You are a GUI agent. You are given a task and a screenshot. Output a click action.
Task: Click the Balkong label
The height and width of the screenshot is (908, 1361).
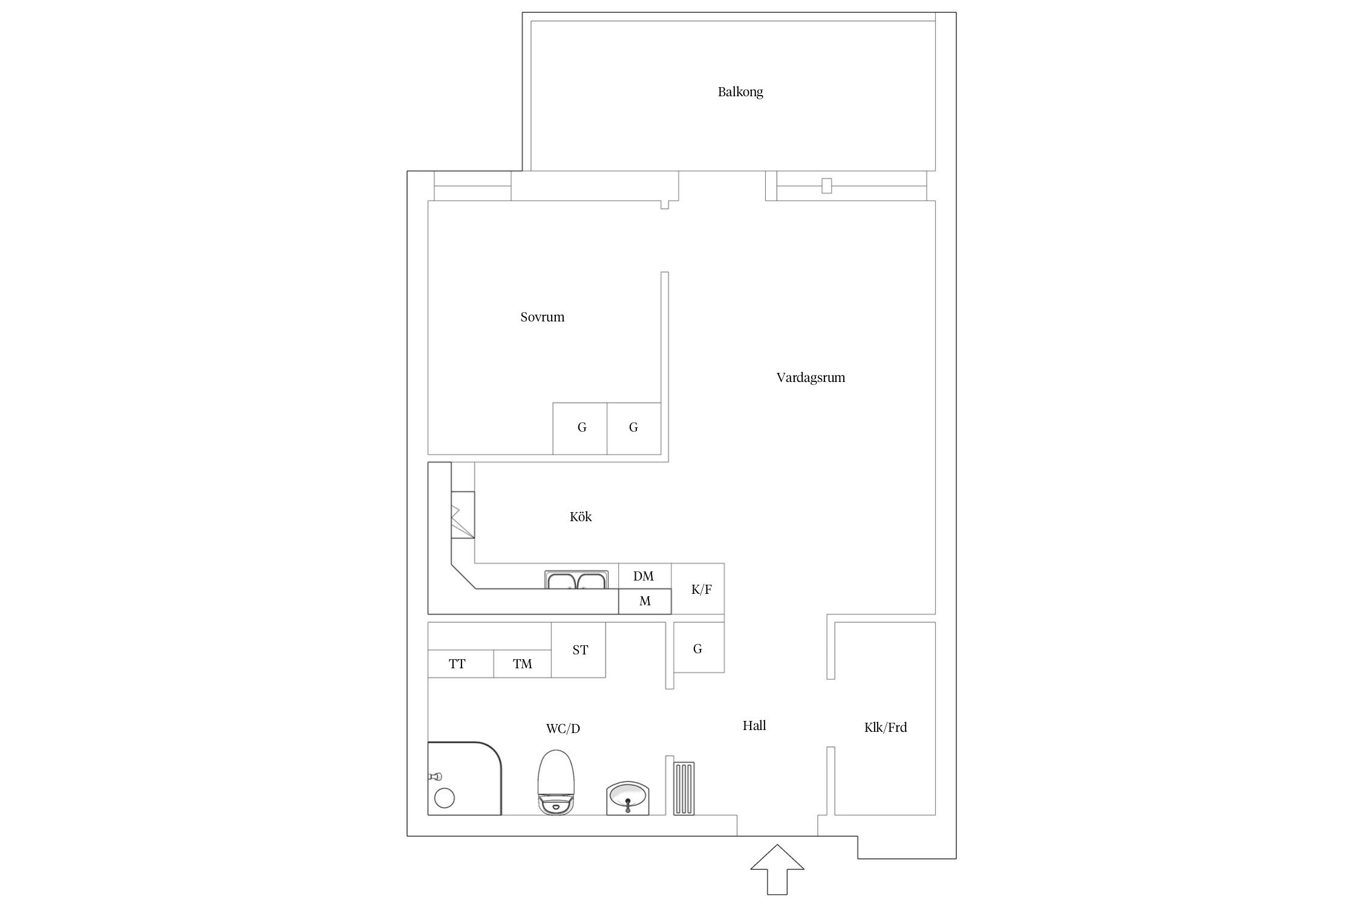point(740,92)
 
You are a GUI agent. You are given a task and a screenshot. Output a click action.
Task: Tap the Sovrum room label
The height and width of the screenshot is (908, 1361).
point(542,317)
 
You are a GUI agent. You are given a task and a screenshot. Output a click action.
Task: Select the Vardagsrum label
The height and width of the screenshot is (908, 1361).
point(811,378)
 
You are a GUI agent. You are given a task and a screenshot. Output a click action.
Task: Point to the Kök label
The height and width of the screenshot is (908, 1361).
point(581,516)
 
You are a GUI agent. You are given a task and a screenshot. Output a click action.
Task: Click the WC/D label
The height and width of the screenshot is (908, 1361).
point(563,729)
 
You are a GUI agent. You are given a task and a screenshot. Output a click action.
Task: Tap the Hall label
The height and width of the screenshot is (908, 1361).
point(754,726)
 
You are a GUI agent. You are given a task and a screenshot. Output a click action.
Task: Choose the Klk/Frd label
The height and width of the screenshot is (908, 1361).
point(886,728)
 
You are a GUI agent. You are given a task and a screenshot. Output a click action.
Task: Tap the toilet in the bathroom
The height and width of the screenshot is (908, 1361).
point(556,783)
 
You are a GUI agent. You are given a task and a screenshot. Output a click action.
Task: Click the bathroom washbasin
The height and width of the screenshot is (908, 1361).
point(627,798)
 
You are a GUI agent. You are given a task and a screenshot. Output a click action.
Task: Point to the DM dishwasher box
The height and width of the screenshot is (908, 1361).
point(644,576)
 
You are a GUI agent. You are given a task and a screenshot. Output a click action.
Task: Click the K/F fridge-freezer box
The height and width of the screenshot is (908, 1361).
point(697,588)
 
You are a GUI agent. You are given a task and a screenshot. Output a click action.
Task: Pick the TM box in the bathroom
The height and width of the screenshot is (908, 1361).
point(523,664)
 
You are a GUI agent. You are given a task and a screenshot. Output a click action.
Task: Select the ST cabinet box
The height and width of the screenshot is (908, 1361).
point(578,650)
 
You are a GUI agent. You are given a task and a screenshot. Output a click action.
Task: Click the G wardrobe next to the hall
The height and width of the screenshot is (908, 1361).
point(699,648)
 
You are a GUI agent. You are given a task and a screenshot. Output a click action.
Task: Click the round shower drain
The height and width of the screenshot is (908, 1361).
point(445,798)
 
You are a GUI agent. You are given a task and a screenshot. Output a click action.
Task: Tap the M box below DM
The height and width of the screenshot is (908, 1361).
point(645,602)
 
